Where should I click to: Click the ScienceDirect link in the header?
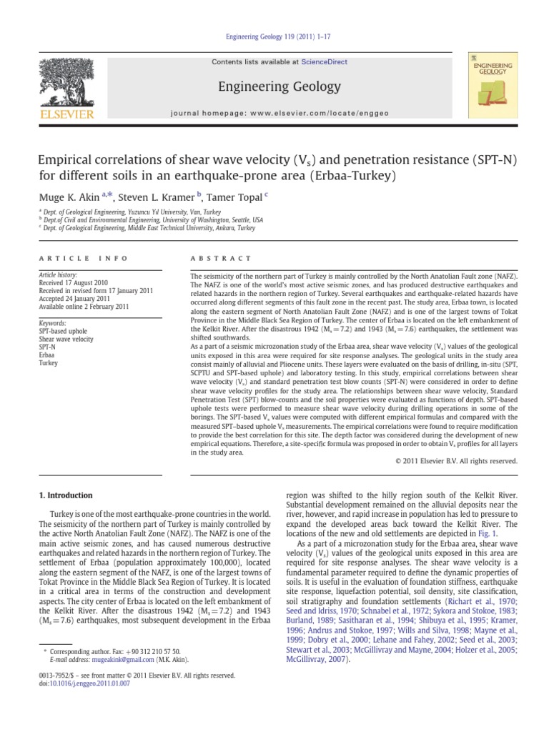click(x=324, y=62)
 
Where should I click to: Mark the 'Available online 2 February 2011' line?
click(x=83, y=307)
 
